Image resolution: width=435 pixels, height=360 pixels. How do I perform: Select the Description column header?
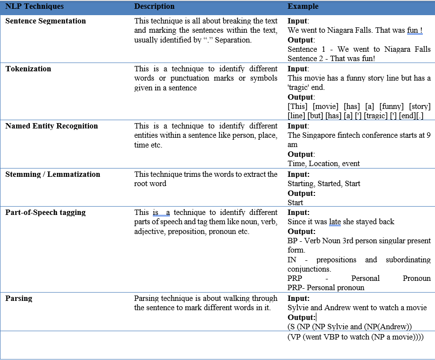tap(154, 6)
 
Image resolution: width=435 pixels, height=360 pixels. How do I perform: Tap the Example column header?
tap(303, 6)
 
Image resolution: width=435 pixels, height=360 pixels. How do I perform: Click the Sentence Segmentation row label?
tap(45, 21)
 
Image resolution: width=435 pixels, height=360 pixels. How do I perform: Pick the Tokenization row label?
tap(28, 69)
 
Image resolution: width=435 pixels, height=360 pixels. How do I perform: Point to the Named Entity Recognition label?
tap(52, 126)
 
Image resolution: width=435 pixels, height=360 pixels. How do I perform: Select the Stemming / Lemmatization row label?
tap(53, 174)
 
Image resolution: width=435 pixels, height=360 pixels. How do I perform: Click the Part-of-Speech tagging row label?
tap(45, 212)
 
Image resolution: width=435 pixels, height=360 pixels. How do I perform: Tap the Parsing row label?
tap(19, 298)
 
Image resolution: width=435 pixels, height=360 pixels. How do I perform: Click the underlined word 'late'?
tap(335, 222)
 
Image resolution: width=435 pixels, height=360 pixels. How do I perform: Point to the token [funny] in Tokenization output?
tap(390, 106)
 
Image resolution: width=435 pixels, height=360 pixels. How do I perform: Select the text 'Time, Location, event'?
tap(324, 164)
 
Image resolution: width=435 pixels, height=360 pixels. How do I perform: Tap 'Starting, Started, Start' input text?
tap(324, 184)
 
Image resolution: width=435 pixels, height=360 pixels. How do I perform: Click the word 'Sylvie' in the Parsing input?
tap(298, 307)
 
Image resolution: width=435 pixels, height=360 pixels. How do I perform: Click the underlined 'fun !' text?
tap(414, 30)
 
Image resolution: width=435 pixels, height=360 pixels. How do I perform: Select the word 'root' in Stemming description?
tap(142, 184)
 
